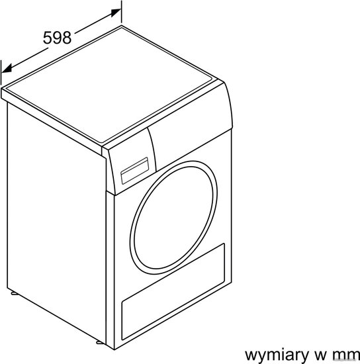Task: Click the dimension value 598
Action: point(57,38)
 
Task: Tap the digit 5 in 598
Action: point(48,38)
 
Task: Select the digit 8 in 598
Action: point(67,38)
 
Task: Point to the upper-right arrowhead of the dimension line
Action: point(116,13)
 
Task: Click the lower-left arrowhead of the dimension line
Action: point(7,69)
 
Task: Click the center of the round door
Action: point(174,218)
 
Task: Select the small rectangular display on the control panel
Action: point(134,171)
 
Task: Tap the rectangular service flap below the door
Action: point(173,292)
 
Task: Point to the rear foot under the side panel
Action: point(15,293)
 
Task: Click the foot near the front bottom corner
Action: point(100,342)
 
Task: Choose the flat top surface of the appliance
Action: point(109,85)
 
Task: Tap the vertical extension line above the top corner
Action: point(121,12)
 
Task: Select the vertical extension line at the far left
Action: point(1,72)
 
